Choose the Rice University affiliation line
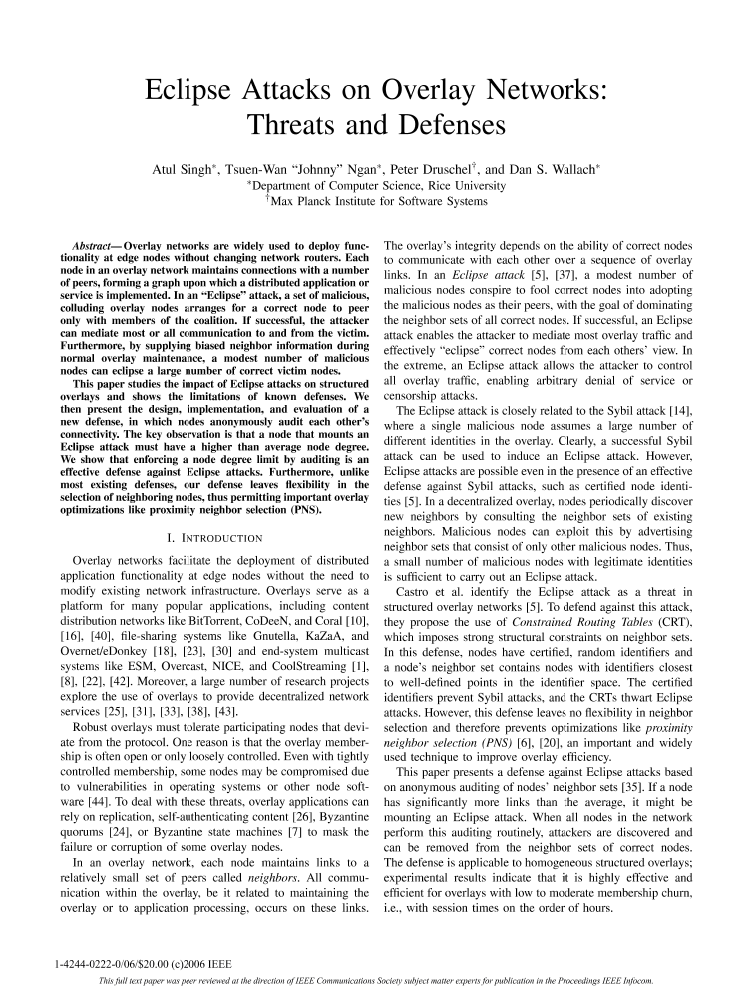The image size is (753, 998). [x=376, y=185]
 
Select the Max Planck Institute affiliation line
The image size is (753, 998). [x=376, y=201]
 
